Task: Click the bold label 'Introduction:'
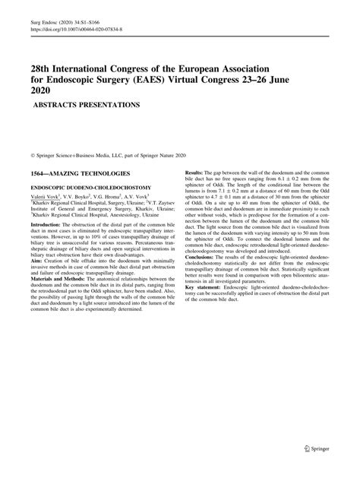44,226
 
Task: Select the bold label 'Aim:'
35,259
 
